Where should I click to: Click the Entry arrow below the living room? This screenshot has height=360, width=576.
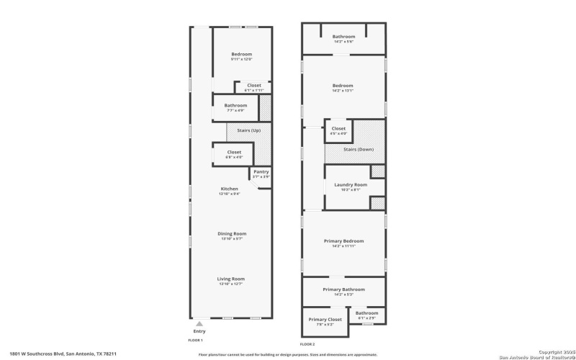pos(199,324)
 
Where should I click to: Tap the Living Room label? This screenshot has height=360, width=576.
pos(231,279)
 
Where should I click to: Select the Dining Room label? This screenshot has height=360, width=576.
pos(232,233)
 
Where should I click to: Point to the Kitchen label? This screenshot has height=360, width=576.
pos(229,189)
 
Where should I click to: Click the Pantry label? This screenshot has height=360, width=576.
pos(260,172)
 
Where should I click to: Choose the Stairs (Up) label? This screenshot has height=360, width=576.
pos(238,130)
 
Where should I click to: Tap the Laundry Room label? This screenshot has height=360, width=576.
pos(351,185)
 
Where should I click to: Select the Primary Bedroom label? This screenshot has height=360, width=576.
pos(343,241)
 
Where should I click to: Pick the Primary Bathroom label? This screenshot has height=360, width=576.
pos(343,289)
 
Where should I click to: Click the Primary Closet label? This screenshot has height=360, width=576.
pos(325,320)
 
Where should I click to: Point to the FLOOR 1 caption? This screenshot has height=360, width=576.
pos(196,340)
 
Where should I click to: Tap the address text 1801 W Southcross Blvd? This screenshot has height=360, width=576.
pos(63,354)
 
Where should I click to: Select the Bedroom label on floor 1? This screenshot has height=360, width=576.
pos(241,55)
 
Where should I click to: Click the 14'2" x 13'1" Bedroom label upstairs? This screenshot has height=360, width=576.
pos(343,86)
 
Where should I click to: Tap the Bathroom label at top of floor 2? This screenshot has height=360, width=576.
pos(343,37)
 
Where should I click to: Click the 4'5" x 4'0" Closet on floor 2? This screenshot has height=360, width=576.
pos(338,129)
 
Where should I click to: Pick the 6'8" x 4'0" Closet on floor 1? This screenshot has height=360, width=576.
pos(234,152)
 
